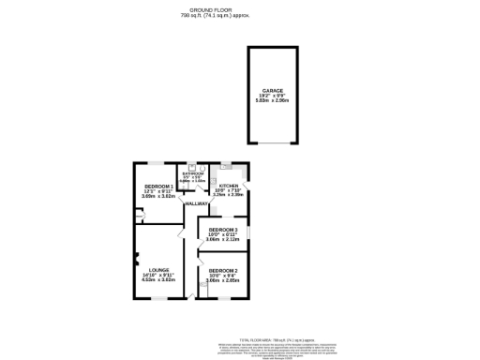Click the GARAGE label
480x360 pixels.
tap(273, 91)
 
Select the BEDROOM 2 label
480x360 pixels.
tap(223, 270)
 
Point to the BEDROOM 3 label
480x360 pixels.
tap(223, 230)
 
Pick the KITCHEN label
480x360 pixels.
tap(230, 186)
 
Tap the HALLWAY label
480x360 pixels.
tap(197, 203)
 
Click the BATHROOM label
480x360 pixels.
tap(193, 172)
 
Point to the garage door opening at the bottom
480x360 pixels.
tap(273, 143)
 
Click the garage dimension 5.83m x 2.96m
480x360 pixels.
tap(273, 101)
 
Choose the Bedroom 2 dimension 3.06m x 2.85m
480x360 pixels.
tap(223, 279)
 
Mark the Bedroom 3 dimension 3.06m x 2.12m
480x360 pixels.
tap(223, 239)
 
